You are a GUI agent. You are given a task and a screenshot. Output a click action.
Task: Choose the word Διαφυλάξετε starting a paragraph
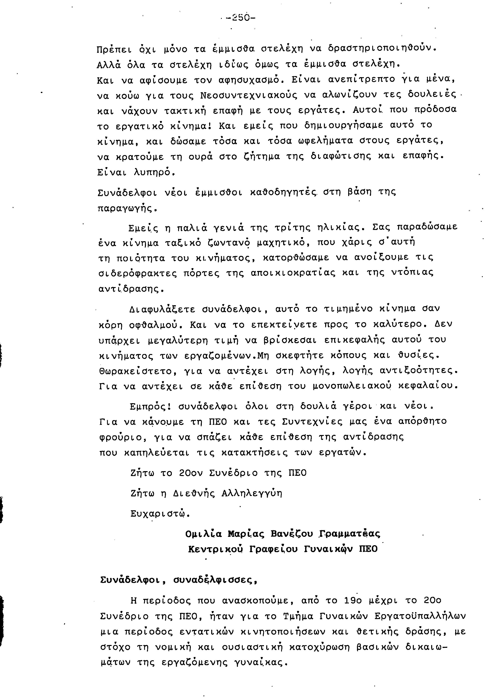coord(162,309)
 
